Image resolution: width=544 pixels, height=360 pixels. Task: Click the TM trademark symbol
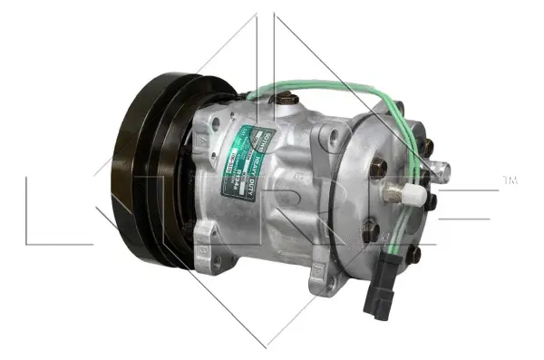510,180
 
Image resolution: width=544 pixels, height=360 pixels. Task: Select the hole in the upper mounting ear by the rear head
336,137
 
